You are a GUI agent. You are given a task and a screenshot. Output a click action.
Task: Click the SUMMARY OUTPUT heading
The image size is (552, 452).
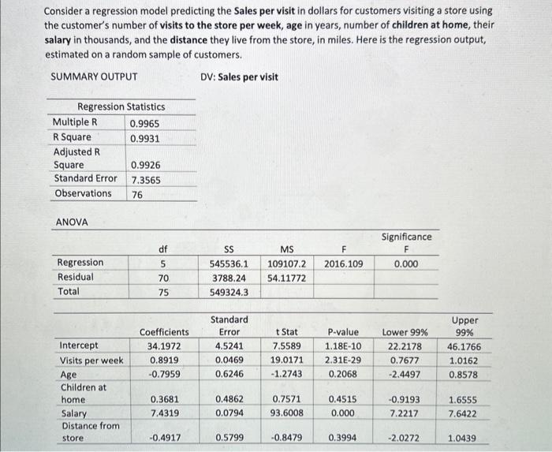click(x=94, y=77)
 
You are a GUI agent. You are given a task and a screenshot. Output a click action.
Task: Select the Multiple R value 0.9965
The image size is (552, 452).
click(x=145, y=123)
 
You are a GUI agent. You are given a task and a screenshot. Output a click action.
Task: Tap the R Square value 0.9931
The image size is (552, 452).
click(x=145, y=138)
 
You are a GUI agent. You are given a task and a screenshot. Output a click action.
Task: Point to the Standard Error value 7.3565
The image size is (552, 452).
click(x=146, y=179)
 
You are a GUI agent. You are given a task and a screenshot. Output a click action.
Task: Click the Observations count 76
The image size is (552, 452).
click(x=137, y=194)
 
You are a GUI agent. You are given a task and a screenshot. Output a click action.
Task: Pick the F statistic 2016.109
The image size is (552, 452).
click(x=343, y=263)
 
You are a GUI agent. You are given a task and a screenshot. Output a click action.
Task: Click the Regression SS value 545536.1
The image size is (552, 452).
click(x=229, y=263)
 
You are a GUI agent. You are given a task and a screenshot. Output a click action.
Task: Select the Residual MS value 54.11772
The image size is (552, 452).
click(x=287, y=278)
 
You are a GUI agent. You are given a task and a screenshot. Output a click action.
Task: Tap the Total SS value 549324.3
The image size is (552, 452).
click(x=229, y=292)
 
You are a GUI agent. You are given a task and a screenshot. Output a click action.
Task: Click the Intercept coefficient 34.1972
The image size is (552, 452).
click(x=163, y=346)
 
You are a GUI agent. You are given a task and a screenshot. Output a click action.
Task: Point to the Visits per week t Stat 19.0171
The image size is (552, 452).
click(x=287, y=360)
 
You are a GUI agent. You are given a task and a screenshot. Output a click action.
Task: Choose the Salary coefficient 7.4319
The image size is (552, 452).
click(x=163, y=413)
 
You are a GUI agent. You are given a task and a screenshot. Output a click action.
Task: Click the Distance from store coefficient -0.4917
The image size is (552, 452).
click(x=163, y=438)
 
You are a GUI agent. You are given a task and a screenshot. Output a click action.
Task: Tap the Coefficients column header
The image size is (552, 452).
click(x=164, y=332)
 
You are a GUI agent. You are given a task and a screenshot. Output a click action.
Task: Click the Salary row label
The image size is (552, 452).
click(x=74, y=413)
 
